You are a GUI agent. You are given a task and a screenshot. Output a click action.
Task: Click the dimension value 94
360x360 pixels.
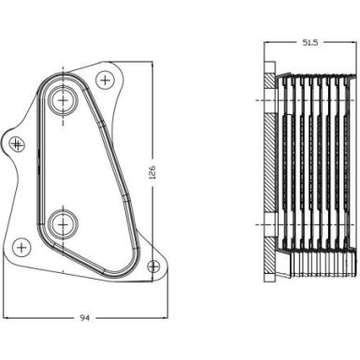84,319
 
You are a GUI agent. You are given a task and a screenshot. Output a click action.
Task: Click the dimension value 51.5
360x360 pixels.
310,43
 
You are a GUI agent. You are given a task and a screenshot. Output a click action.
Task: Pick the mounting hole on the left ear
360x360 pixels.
17,143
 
